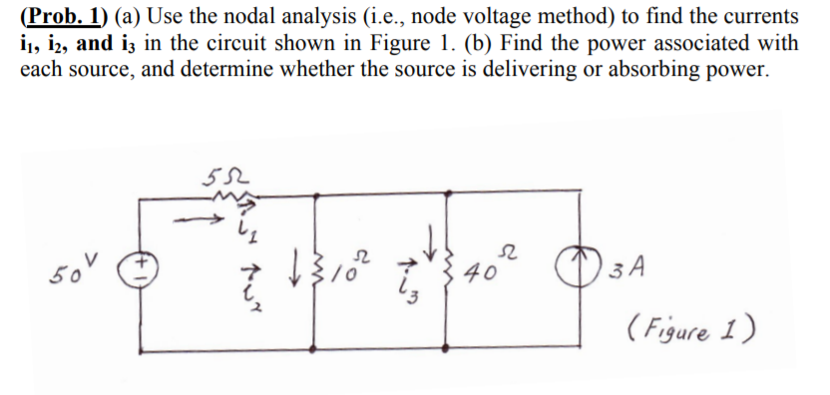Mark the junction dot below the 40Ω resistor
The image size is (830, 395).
(451, 353)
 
